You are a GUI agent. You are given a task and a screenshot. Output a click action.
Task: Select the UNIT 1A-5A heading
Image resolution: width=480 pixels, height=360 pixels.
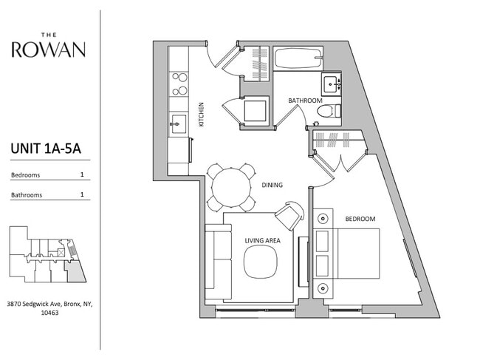[x=45, y=149]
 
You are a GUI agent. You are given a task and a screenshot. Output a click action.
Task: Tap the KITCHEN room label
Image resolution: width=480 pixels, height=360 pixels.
[x=200, y=114]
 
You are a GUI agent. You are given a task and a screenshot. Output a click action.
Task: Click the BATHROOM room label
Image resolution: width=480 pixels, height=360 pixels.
[x=305, y=100]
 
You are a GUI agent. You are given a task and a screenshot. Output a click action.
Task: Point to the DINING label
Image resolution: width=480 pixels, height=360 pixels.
[x=272, y=185]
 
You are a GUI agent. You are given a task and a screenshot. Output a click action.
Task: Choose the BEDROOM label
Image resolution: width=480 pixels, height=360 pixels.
[x=360, y=219]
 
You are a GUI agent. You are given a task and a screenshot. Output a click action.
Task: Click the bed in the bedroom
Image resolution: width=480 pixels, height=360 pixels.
[x=347, y=254]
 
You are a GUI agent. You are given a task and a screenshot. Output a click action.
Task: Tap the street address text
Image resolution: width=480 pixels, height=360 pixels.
[x=49, y=308]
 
